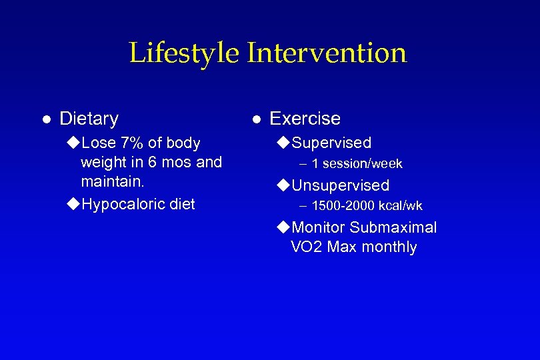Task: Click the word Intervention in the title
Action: (x=327, y=53)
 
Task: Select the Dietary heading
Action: (x=89, y=119)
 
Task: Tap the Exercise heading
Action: (x=305, y=119)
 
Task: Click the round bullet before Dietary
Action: (x=46, y=119)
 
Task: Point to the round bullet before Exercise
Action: (x=257, y=119)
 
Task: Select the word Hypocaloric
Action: (x=124, y=204)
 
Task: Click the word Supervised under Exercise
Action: (x=331, y=143)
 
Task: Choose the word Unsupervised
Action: (x=341, y=185)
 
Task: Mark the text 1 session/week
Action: (x=357, y=164)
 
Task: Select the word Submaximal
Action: (x=393, y=227)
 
